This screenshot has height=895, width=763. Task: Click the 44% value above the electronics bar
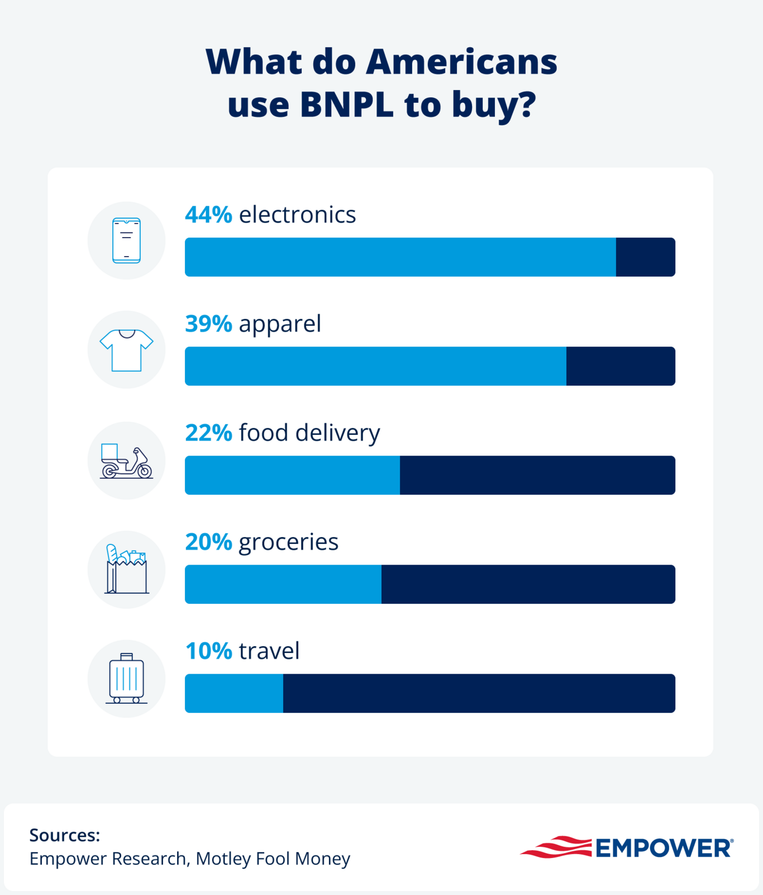(208, 215)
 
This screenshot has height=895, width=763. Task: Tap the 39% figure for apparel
(208, 324)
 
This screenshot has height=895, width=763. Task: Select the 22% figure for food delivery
(208, 433)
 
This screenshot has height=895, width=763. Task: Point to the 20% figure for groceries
(208, 542)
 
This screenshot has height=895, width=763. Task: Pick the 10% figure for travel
(208, 651)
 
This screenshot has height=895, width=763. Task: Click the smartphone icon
(126, 240)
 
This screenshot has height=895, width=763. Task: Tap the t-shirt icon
(126, 350)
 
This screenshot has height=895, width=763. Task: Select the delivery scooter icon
(126, 462)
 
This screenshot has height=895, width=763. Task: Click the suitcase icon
(126, 678)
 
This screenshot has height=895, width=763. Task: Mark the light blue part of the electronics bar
(400, 257)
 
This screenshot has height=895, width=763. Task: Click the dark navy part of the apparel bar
(620, 366)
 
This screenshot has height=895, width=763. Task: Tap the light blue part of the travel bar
(233, 693)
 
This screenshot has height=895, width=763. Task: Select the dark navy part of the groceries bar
(528, 584)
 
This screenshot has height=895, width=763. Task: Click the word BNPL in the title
(346, 105)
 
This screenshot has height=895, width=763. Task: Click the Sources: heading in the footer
(65, 835)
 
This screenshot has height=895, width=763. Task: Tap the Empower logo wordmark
(664, 848)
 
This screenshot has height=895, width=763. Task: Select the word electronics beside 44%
(297, 215)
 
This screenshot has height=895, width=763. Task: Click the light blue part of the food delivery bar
(292, 475)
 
